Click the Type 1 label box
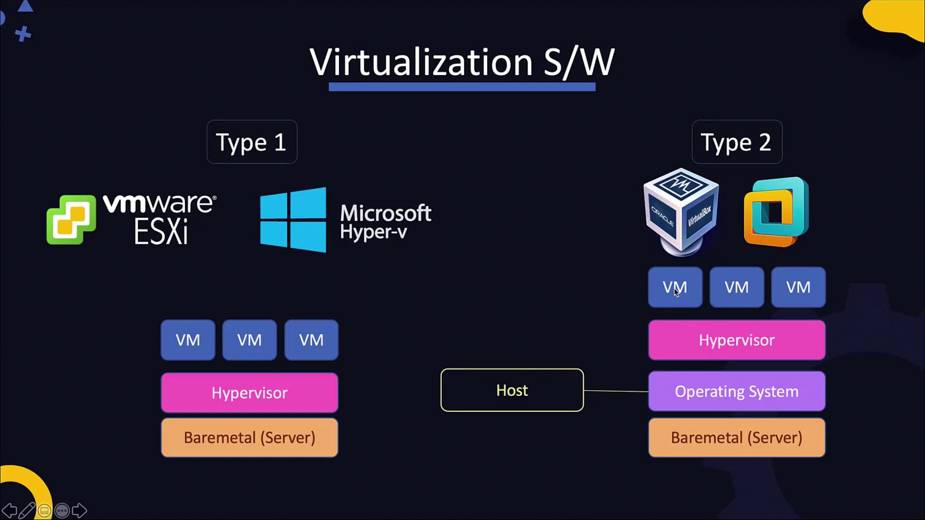click(x=251, y=142)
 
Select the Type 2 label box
click(x=737, y=142)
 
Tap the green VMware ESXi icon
click(x=71, y=220)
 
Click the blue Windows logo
click(x=293, y=220)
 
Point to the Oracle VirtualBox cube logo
click(x=681, y=211)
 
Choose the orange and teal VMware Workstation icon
click(x=776, y=212)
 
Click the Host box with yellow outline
click(x=512, y=390)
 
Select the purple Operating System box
click(x=736, y=391)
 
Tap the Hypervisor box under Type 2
click(x=736, y=340)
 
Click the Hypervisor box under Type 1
click(x=249, y=393)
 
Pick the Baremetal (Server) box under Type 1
click(x=249, y=438)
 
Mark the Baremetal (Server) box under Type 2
click(x=736, y=438)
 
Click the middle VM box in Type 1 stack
click(x=249, y=340)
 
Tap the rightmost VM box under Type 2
click(x=798, y=287)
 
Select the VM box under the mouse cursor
click(x=675, y=287)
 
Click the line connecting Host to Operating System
click(x=616, y=391)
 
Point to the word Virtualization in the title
click(x=421, y=62)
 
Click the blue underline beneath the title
click(x=462, y=87)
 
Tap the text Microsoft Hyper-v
click(x=385, y=221)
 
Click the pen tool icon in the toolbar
click(x=27, y=510)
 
